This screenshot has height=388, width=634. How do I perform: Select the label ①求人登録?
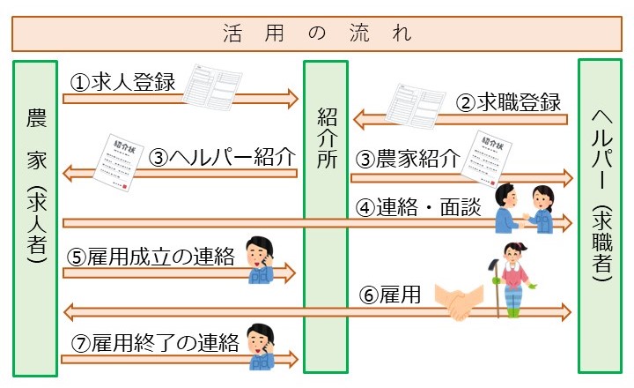[x=123, y=84]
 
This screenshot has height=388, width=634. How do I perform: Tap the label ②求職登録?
[x=509, y=102]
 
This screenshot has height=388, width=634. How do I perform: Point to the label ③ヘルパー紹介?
[x=221, y=159]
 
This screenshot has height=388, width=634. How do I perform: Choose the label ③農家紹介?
[x=408, y=160]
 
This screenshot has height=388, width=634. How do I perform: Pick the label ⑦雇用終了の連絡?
[x=153, y=344]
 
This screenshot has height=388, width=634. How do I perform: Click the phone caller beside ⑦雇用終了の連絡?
[x=261, y=347]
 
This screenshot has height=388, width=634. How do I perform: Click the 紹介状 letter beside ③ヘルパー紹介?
[x=122, y=162]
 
